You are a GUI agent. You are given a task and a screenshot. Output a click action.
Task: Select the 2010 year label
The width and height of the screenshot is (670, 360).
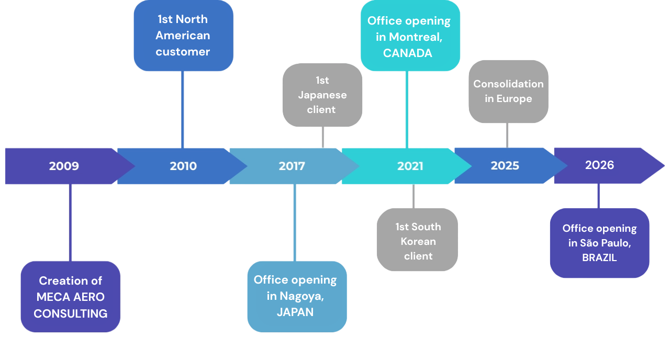(x=183, y=166)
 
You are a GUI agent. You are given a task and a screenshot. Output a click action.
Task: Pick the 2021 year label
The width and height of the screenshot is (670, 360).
(x=410, y=166)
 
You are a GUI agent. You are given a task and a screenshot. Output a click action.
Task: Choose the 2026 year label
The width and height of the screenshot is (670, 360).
(x=599, y=165)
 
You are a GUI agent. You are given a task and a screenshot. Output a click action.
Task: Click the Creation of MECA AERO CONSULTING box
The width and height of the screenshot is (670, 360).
(x=71, y=297)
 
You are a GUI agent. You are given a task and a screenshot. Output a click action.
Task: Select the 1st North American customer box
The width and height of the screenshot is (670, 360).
(x=183, y=36)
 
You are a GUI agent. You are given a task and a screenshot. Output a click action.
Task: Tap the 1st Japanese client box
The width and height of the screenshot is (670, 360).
(x=322, y=95)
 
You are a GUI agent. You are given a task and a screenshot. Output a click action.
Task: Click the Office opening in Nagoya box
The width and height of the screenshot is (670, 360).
(x=295, y=296)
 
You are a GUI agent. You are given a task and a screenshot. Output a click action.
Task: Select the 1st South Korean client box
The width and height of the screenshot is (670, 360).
(x=417, y=241)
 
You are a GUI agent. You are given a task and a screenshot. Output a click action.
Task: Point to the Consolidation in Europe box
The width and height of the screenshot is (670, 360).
(x=508, y=92)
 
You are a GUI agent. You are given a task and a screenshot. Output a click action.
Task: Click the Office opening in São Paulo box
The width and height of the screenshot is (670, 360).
(x=599, y=243)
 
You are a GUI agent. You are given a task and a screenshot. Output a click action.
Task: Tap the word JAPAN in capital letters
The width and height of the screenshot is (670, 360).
(x=295, y=312)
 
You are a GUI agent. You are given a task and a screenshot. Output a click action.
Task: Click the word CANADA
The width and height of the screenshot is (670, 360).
(x=408, y=53)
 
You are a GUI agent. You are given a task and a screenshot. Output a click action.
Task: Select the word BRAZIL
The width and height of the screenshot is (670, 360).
(x=599, y=257)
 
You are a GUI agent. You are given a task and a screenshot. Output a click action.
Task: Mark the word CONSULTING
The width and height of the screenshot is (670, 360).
(x=71, y=313)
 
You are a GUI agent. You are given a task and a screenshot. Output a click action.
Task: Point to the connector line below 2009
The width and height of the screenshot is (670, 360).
(x=70, y=222)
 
